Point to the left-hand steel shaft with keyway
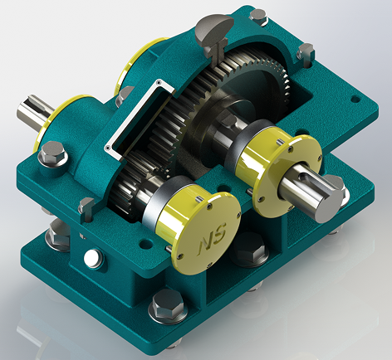coord(33,113)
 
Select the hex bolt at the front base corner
coord(168,307)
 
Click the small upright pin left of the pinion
coord(86,205)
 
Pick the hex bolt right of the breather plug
coord(304,53)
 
